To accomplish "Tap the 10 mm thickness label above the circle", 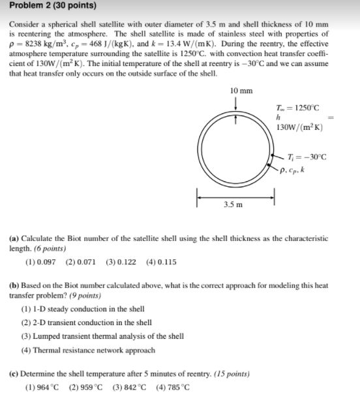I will point(242,91).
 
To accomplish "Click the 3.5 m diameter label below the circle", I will point(233,204).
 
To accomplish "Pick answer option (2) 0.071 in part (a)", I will point(82,262).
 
